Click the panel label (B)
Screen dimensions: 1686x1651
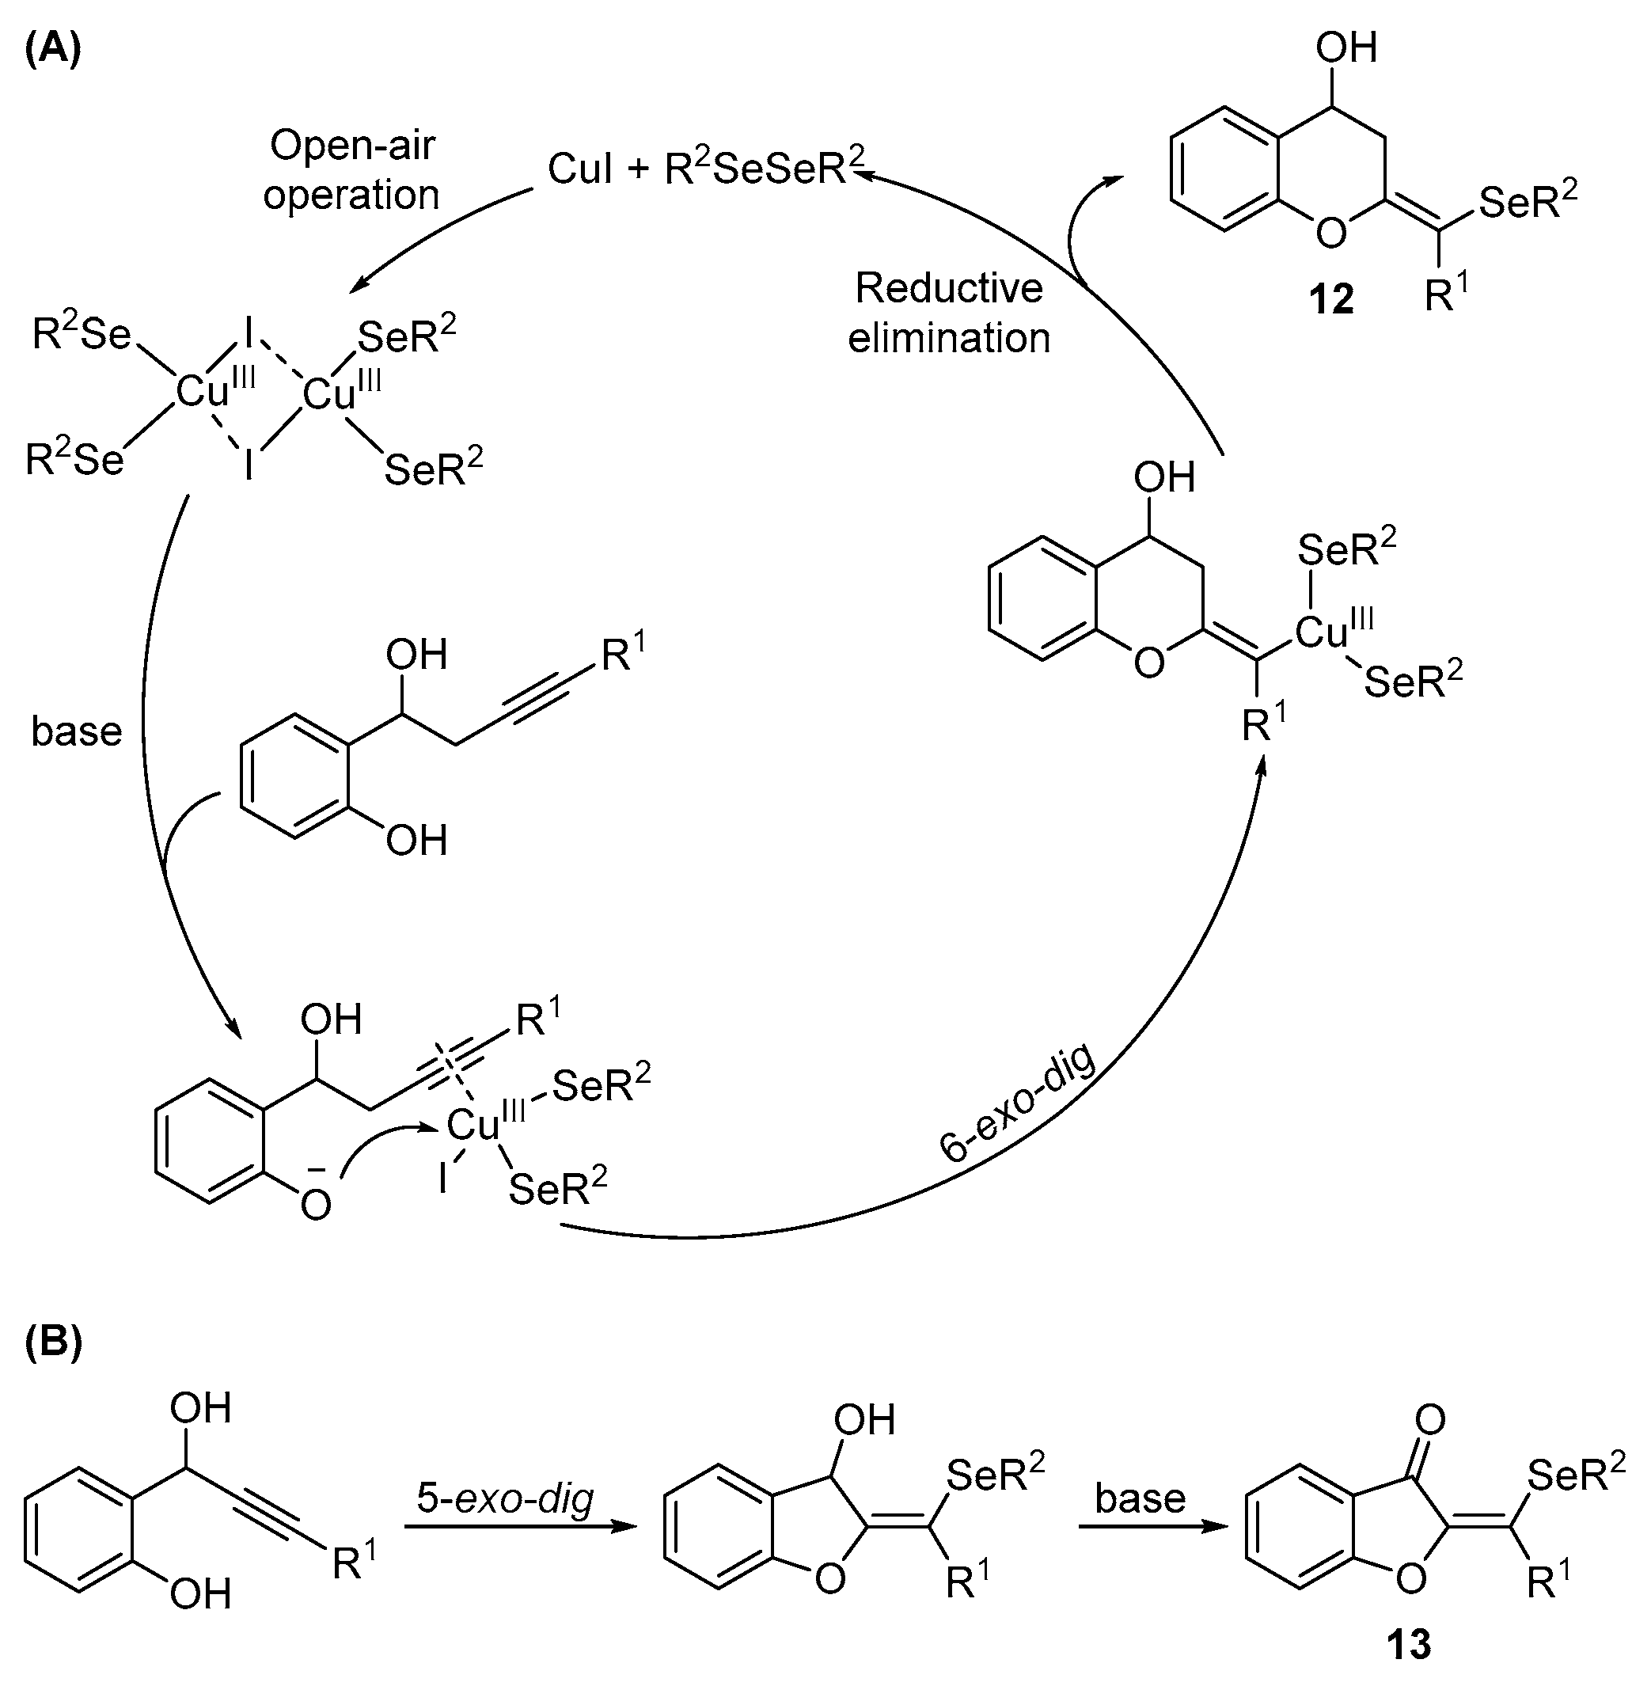tap(52, 1341)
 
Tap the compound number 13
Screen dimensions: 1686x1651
tap(1408, 1643)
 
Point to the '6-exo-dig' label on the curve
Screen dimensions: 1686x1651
tap(1018, 1102)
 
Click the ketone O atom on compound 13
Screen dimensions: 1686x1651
tap(1430, 1420)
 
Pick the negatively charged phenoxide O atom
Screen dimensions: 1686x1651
tap(316, 1204)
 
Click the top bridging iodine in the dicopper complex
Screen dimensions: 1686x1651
tap(248, 333)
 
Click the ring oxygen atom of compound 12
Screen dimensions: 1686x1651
tap(1331, 232)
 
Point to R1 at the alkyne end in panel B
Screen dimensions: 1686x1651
tap(354, 1566)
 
